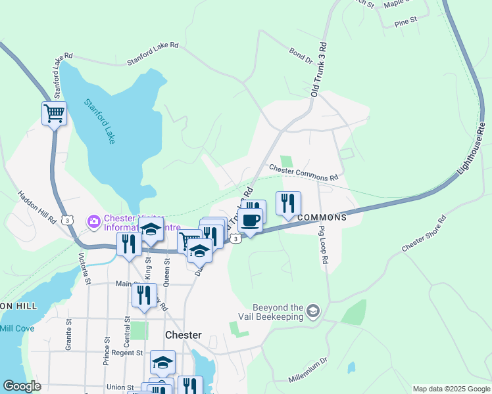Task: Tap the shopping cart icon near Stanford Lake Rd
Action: [x=54, y=113]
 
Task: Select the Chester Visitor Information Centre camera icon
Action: [x=94, y=221]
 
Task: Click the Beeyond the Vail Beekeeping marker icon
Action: [x=313, y=311]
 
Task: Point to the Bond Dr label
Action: [x=300, y=56]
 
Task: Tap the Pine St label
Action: [x=406, y=22]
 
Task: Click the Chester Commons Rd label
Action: [x=303, y=174]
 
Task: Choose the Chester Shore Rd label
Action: [x=424, y=233]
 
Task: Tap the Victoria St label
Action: [x=84, y=269]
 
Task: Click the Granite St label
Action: [x=68, y=336]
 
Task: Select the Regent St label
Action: [x=128, y=353]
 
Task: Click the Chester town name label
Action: [x=184, y=334]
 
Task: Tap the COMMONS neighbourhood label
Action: [x=322, y=217]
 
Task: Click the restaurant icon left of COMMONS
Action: [x=288, y=203]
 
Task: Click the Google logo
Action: [x=21, y=386]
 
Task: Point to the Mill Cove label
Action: [x=15, y=328]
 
